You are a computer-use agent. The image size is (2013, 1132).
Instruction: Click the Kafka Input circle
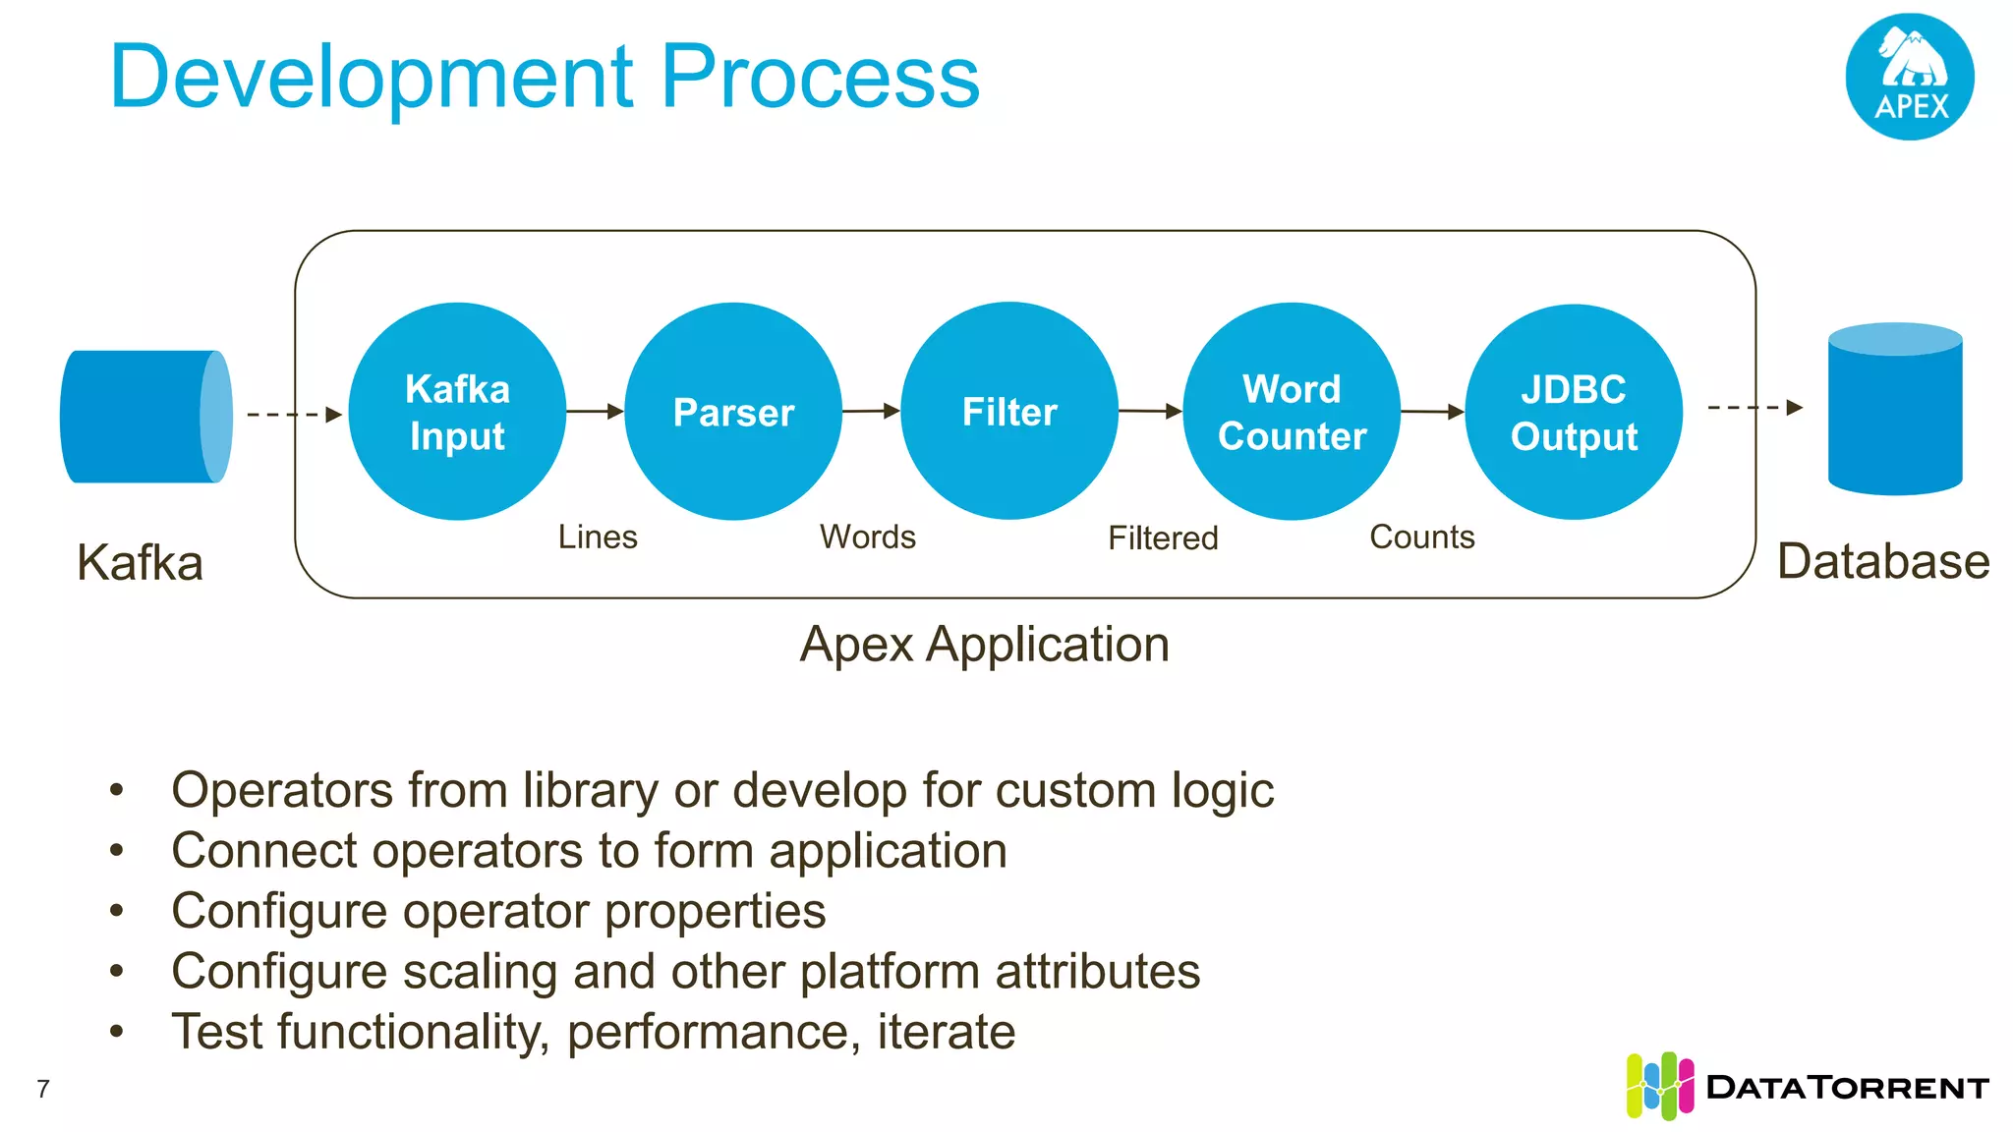point(457,412)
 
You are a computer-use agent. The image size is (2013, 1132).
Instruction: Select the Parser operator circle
point(733,412)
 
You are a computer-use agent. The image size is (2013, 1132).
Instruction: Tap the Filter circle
point(1009,411)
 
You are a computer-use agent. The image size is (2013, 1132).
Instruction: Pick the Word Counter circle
point(1292,412)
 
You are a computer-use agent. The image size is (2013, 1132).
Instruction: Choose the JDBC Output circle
point(1574,412)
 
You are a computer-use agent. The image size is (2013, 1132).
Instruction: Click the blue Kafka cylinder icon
point(145,417)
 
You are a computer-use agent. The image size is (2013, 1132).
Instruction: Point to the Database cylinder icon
point(1895,409)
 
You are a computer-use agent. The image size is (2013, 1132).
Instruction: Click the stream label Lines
point(598,537)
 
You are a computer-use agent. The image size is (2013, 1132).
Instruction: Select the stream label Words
point(868,537)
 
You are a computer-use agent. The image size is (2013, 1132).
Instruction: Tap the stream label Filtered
point(1163,538)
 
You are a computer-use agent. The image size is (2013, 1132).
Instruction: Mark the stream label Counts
point(1422,537)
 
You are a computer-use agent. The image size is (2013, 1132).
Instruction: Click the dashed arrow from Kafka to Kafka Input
point(294,415)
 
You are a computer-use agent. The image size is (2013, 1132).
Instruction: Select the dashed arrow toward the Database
point(1755,407)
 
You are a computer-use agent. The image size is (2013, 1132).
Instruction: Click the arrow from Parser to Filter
point(871,411)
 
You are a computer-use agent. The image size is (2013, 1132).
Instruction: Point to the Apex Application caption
point(985,645)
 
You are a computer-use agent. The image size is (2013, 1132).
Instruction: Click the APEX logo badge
point(1910,77)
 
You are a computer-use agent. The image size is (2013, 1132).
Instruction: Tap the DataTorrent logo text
point(1848,1088)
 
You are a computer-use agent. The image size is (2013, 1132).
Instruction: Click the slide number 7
point(43,1089)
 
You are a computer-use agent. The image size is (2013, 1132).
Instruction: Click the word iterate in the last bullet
point(946,1032)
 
